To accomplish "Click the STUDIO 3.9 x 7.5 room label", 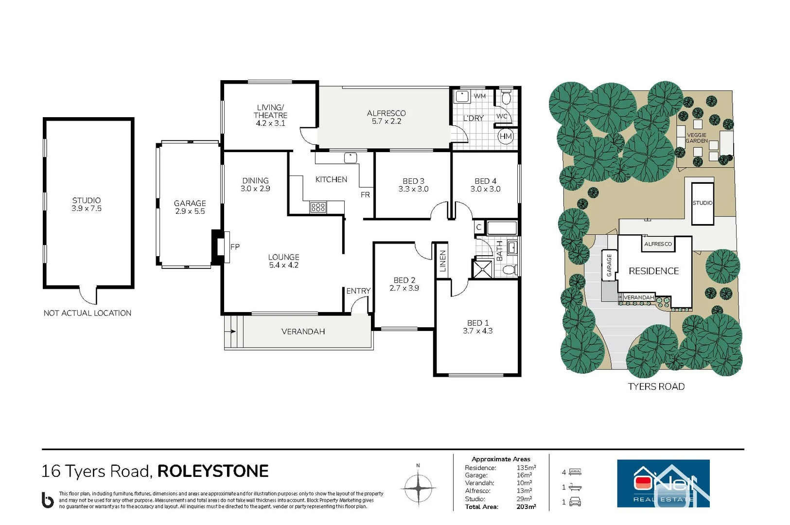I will (x=87, y=204).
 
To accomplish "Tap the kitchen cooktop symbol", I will (x=318, y=208).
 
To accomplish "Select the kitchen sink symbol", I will (x=350, y=157).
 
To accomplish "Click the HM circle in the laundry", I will (x=506, y=137).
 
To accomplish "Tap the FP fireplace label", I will (x=235, y=247).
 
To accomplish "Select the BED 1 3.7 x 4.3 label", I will (x=477, y=327).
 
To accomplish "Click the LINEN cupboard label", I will (x=442, y=261).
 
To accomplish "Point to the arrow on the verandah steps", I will (x=232, y=332).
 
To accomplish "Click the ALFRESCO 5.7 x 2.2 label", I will (x=386, y=117).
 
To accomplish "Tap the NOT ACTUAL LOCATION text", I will (x=88, y=313).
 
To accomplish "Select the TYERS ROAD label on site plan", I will (x=656, y=386).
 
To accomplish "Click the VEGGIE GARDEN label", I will (x=696, y=138).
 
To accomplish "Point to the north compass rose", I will (x=418, y=488).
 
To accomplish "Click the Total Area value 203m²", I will (x=526, y=507).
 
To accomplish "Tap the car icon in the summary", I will (x=575, y=502).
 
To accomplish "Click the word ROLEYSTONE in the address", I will (x=213, y=471).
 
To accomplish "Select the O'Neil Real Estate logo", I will (x=663, y=483).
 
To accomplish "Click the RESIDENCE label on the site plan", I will (x=653, y=271).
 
